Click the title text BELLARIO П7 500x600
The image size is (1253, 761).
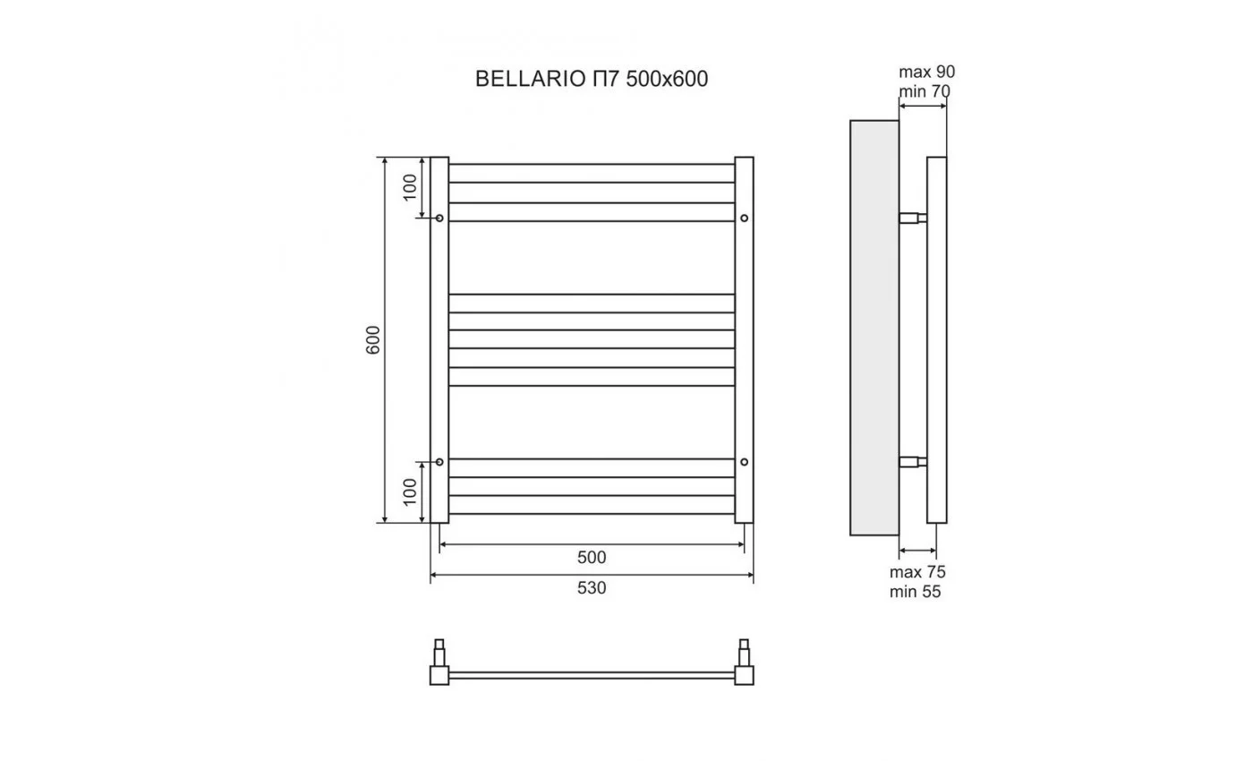[x=591, y=80]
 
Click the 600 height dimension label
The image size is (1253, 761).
[x=374, y=339]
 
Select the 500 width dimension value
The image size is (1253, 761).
[x=592, y=558]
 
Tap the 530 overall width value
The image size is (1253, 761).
[x=592, y=588]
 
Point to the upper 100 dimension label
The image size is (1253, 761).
[x=410, y=187]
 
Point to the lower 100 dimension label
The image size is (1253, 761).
[x=410, y=492]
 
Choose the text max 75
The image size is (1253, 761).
[x=917, y=572]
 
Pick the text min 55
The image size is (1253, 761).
[x=916, y=592]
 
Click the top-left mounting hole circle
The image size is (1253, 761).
[x=439, y=218]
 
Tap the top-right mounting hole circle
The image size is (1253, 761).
[x=744, y=218]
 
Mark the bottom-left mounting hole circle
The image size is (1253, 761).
[x=439, y=462]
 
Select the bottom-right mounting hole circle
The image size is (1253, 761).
[x=744, y=462]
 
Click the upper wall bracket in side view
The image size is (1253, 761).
[x=913, y=218]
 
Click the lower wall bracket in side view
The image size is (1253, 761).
[x=913, y=462]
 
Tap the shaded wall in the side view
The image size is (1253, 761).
[x=874, y=328]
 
